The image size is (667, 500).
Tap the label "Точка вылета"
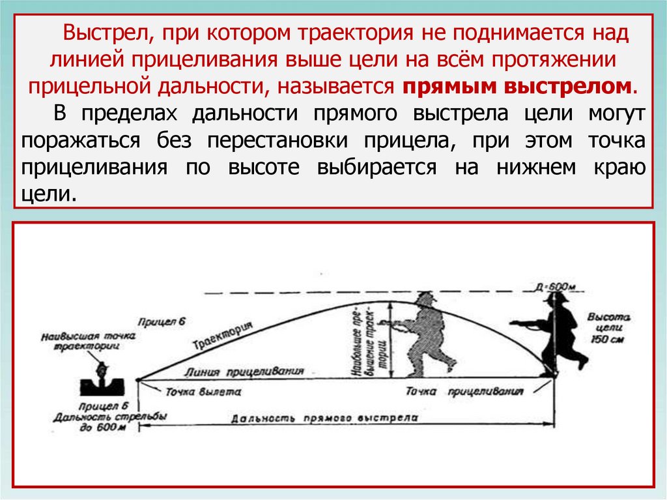[x=203, y=392]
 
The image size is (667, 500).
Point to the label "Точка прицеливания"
[x=464, y=392]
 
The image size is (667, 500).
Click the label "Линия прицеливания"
[x=246, y=372]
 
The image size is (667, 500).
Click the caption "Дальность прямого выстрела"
[x=324, y=419]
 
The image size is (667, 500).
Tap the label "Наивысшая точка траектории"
[x=87, y=342]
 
